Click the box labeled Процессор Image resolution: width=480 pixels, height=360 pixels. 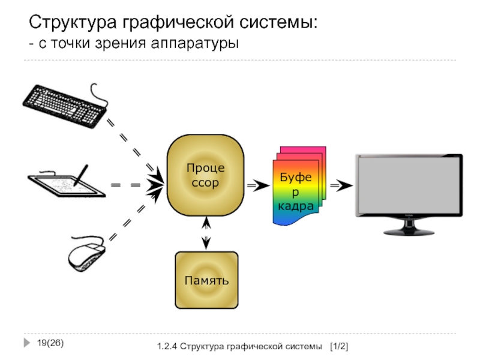(205, 175)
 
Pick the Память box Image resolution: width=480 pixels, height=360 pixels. (206, 280)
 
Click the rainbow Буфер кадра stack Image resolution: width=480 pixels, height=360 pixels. (296, 186)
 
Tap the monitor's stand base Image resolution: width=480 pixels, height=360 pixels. (409, 232)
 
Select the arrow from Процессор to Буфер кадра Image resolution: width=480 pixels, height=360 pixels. (260, 186)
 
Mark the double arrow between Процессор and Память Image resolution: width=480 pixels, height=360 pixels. (206, 233)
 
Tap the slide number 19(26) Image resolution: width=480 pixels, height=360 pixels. (50, 343)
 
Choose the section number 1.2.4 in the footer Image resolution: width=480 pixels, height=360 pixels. (167, 347)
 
